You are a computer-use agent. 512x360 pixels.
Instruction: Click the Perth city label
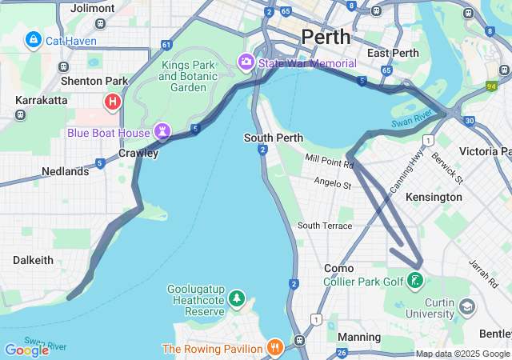coord(326,37)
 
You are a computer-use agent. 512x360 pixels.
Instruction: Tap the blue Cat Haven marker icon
coord(33,39)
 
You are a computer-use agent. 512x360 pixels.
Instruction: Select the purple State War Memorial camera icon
coord(246,62)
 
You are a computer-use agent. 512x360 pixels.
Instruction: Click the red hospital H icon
coord(113,102)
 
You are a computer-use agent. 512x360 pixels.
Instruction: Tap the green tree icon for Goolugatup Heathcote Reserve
coord(236,299)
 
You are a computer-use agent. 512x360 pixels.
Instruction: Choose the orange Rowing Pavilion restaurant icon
coord(275,348)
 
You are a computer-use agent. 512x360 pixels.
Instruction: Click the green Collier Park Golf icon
coord(415,281)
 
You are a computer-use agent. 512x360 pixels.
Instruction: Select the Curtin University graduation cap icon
coord(466,306)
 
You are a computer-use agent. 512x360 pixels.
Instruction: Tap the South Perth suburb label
coord(273,138)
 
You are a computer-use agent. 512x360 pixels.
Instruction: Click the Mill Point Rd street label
coord(329,163)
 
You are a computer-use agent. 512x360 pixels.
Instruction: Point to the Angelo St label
coord(332,185)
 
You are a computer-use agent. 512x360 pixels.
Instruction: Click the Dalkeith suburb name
coord(33,260)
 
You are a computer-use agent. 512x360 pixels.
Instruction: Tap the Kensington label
coord(434,197)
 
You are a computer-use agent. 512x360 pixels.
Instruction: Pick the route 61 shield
coord(166,45)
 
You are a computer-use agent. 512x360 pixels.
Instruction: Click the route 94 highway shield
coord(490,86)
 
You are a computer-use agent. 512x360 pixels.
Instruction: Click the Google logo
coord(26,350)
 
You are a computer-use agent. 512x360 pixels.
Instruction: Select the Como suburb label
coord(338,268)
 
